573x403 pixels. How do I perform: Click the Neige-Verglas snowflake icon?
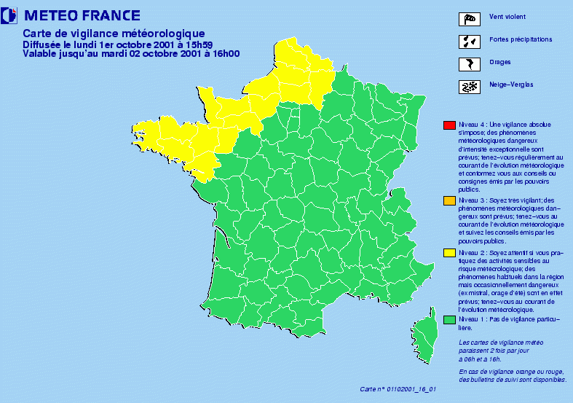point(470,86)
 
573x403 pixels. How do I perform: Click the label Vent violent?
point(508,17)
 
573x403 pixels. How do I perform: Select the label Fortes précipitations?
point(521,39)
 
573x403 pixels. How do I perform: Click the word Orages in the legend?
point(501,63)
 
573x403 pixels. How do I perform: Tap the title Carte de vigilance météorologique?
point(119,33)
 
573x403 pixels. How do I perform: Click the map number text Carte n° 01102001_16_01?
point(399,389)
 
